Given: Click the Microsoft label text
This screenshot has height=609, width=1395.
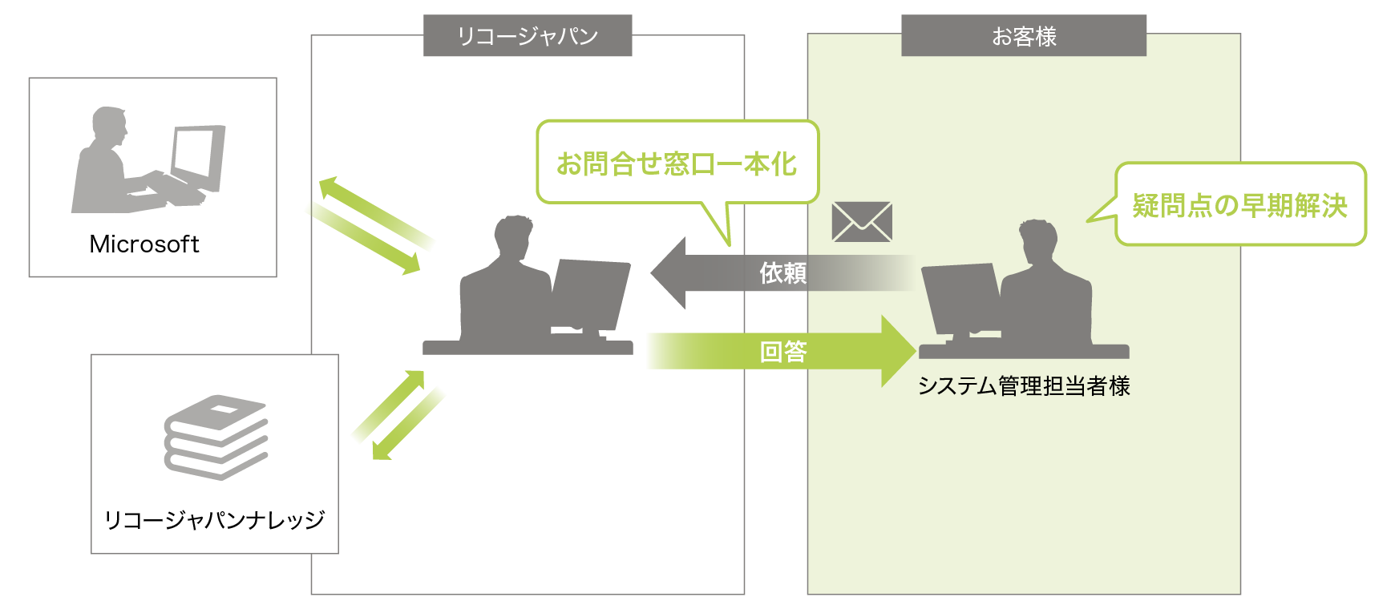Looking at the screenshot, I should pyautogui.click(x=144, y=244).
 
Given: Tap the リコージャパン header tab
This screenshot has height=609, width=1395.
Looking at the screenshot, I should pyautogui.click(x=528, y=36).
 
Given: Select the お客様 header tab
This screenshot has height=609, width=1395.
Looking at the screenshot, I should pyautogui.click(x=1024, y=36).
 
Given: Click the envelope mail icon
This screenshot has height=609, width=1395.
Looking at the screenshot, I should pyautogui.click(x=862, y=222).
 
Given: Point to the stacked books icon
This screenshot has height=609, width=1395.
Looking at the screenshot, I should pyautogui.click(x=216, y=437).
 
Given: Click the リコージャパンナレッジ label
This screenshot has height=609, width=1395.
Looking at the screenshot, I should pyautogui.click(x=215, y=520).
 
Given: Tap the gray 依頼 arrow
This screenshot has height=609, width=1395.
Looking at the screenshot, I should pyautogui.click(x=722, y=273).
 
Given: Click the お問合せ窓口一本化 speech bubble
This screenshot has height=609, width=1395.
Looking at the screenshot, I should pyautogui.click(x=677, y=163).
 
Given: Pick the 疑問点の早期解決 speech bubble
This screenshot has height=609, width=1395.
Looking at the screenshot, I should pyautogui.click(x=1239, y=205).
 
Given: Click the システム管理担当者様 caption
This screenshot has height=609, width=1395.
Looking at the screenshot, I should pyautogui.click(x=1024, y=386).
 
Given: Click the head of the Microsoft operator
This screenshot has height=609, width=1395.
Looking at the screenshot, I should pyautogui.click(x=109, y=124).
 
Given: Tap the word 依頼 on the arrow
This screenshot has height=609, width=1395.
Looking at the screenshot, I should pyautogui.click(x=782, y=273).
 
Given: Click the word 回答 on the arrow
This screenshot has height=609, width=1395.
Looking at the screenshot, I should pyautogui.click(x=783, y=351).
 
